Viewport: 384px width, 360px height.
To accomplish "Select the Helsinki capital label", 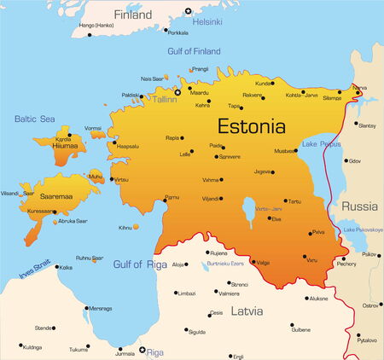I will point(209,20).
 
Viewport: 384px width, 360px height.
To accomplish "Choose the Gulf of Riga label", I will point(139,264).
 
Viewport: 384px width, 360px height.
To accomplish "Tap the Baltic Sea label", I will point(34,119).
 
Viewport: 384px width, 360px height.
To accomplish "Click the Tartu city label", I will point(294,202).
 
